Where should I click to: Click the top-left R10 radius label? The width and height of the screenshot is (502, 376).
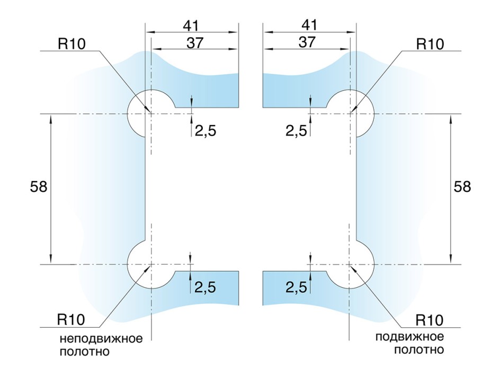[71, 43]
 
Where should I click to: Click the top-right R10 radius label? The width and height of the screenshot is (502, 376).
[430, 44]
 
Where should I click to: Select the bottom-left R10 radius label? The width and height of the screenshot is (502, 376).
[71, 319]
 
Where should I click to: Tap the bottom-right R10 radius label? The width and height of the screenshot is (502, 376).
[429, 320]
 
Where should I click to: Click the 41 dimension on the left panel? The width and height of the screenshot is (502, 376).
[191, 25]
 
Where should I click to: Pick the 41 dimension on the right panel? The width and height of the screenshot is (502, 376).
[309, 25]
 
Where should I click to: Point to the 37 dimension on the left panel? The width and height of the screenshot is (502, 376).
[195, 43]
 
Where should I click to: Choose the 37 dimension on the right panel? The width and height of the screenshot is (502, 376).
[307, 42]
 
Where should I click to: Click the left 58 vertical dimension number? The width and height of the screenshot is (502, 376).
[39, 186]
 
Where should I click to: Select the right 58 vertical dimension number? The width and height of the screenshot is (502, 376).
[462, 186]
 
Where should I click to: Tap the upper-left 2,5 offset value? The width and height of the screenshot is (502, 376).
[205, 131]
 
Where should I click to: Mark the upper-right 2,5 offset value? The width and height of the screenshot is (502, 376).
[296, 131]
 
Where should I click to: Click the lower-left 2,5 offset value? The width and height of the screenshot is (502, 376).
[205, 287]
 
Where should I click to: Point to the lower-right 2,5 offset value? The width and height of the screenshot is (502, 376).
[296, 287]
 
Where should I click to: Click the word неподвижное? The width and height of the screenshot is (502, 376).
[101, 338]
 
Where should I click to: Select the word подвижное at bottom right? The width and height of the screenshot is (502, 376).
[410, 337]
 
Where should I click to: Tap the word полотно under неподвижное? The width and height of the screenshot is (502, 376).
[85, 351]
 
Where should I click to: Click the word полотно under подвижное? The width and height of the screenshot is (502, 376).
[419, 350]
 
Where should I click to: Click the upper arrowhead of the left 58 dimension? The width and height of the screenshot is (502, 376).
[51, 119]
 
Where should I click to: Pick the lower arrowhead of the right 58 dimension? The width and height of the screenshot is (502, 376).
[451, 259]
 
